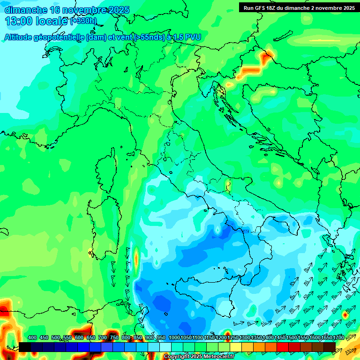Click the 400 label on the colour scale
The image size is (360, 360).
pyautogui.click(x=32, y=337)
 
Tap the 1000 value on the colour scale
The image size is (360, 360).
pyautogui.click(x=174, y=337)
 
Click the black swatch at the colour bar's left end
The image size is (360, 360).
pyautogui.click(x=25, y=347)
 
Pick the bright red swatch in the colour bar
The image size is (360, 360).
pyautogui.click(x=283, y=347)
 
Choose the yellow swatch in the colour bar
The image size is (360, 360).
pyautogui.click(x=236, y=347)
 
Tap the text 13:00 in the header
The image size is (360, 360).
pyautogui.click(x=18, y=21)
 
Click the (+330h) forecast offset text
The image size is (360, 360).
pyautogui.click(x=83, y=21)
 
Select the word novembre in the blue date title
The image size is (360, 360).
pyautogui.click(x=83, y=10)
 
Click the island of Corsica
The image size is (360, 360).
pyautogui.click(x=106, y=171)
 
